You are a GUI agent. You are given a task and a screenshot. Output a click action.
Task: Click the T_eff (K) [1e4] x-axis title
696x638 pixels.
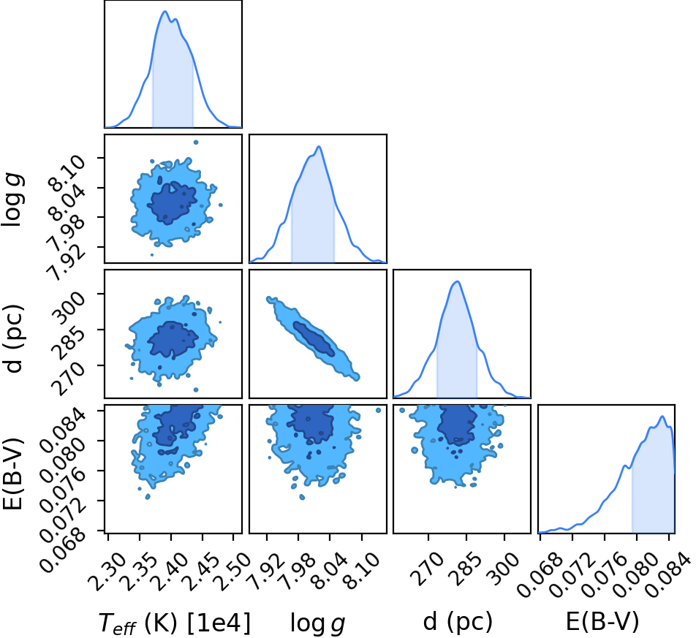(x=175, y=622)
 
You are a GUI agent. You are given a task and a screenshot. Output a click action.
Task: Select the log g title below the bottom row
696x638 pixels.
(x=317, y=623)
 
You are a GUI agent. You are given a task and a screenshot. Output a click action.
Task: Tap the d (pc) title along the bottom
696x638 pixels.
(x=458, y=622)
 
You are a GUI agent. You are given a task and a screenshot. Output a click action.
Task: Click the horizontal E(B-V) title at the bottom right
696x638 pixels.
(x=602, y=621)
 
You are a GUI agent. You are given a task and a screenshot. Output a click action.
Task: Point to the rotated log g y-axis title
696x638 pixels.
(x=12, y=200)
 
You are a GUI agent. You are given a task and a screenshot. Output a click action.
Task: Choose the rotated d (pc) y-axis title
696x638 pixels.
(x=12, y=339)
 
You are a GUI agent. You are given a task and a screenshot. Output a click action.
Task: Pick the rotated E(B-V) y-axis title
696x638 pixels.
(x=12, y=473)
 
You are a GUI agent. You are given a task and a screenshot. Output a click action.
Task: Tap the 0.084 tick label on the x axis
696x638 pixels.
(x=668, y=574)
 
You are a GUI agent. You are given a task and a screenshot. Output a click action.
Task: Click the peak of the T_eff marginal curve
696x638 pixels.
(x=165, y=12)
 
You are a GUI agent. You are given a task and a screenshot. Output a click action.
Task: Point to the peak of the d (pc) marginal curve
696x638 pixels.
(x=457, y=281)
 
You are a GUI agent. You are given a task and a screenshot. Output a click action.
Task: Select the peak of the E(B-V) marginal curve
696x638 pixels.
(x=662, y=416)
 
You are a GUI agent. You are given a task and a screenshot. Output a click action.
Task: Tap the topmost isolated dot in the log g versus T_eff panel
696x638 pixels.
(x=196, y=143)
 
